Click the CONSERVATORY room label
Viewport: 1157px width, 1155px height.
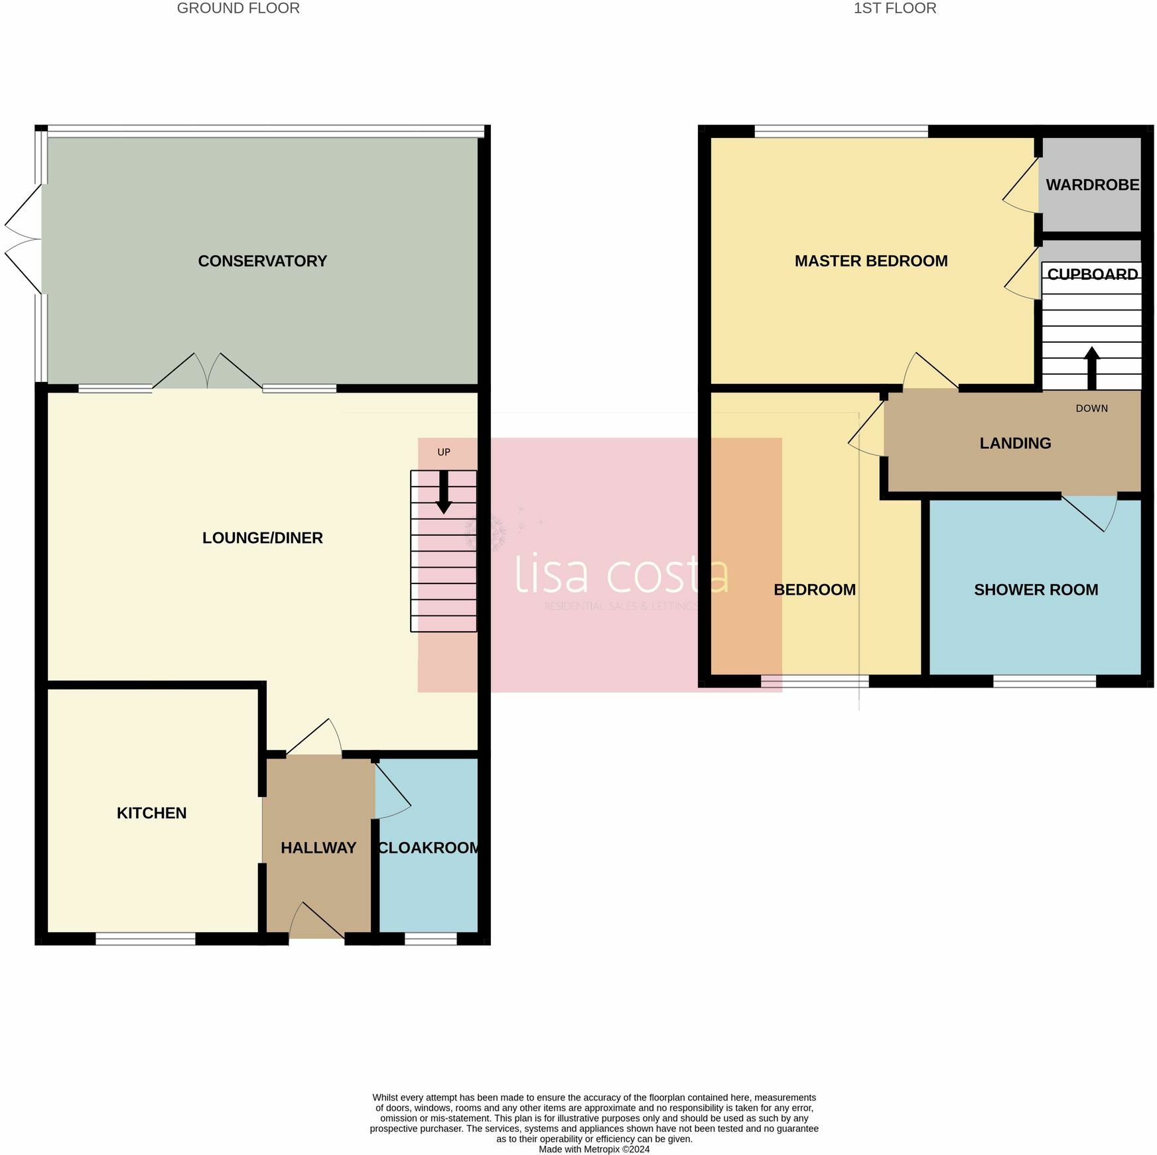click(262, 261)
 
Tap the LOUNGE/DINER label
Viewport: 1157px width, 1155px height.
click(262, 538)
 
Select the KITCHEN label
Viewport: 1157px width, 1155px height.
click(151, 813)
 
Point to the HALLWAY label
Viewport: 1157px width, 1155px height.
click(318, 847)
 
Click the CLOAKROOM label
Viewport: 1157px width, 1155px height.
click(429, 847)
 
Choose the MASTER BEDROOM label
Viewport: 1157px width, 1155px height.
click(871, 261)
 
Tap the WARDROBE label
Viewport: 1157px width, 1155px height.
click(1092, 185)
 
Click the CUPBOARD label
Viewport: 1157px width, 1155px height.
click(1092, 274)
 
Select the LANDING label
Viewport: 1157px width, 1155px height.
click(1015, 443)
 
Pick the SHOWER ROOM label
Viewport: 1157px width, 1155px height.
click(1036, 589)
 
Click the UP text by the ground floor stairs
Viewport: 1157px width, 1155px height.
click(444, 452)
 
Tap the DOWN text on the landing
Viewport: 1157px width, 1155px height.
click(1091, 408)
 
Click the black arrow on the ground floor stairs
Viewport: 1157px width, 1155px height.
click(444, 493)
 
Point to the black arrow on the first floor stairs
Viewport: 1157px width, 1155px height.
click(1091, 367)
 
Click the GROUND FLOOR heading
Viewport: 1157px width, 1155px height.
click(238, 9)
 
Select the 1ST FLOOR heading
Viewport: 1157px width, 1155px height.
click(894, 9)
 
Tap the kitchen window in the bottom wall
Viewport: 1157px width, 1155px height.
click(145, 938)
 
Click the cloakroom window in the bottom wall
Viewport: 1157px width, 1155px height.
click(431, 938)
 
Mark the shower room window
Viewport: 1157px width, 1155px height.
click(1044, 681)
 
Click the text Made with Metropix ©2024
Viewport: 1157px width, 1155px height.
click(594, 1149)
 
